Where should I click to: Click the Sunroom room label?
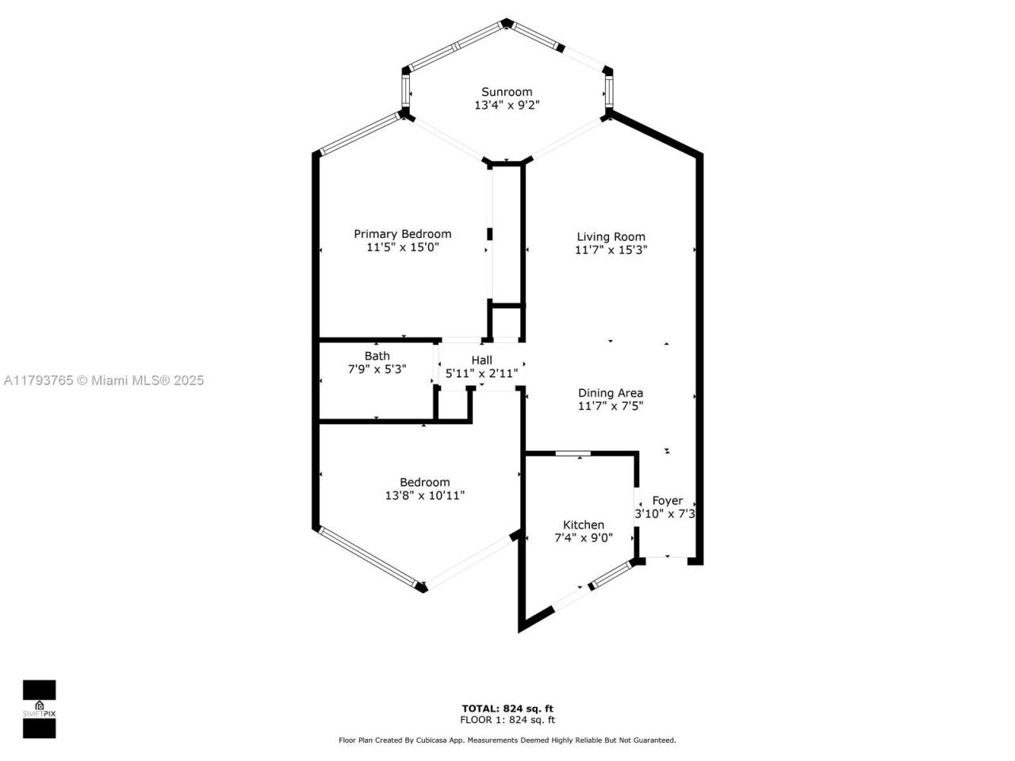click(507, 92)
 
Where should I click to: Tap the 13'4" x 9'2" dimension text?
click(507, 105)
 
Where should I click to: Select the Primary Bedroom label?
click(402, 234)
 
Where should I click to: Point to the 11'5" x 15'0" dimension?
click(402, 247)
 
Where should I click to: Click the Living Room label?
click(611, 236)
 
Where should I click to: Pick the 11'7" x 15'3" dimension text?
click(611, 250)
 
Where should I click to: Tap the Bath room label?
click(377, 356)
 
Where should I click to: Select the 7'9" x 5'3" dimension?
click(377, 369)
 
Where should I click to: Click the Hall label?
click(481, 360)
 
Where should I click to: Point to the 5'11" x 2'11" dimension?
click(481, 373)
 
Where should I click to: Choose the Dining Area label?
click(610, 392)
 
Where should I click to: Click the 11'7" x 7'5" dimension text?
click(610, 406)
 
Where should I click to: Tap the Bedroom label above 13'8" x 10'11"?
click(424, 482)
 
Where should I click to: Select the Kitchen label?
click(583, 525)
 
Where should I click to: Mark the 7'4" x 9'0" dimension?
click(583, 537)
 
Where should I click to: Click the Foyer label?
click(667, 500)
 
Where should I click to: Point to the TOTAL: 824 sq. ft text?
click(507, 708)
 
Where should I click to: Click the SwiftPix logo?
click(39, 709)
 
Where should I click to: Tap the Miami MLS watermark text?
click(103, 380)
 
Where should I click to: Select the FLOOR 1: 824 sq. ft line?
click(507, 720)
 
